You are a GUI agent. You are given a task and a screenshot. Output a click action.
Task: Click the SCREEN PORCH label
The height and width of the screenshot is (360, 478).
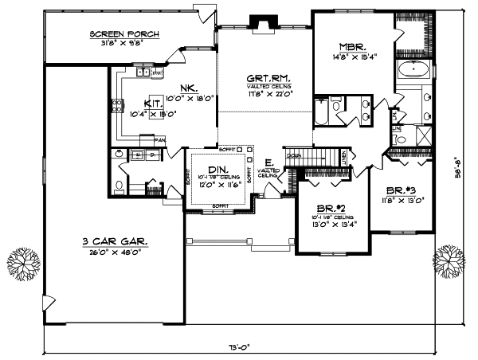124,34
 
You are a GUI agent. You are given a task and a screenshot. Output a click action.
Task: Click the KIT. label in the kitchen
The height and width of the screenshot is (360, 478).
155,103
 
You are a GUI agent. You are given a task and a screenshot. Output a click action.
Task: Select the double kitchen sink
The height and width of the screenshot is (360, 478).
145,73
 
